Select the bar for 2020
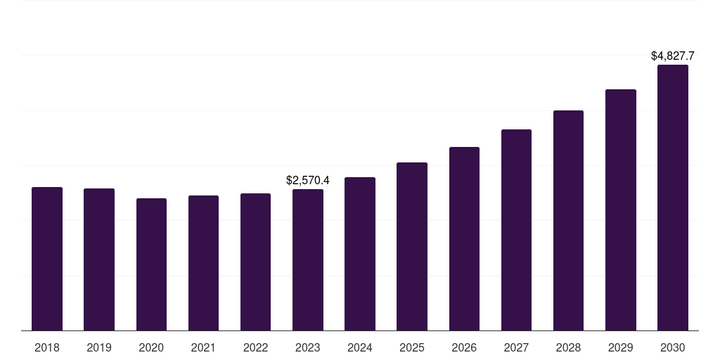151,264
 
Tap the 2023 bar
308,259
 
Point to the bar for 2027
516,230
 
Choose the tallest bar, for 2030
673,198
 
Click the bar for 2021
203,263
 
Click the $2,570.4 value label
308,181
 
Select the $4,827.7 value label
673,56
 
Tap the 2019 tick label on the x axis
99,347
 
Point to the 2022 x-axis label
256,347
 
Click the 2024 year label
360,347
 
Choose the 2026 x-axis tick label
464,347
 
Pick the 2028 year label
568,347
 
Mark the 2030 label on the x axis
673,347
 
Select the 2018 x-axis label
47,347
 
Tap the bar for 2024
360,254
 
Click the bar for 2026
464,238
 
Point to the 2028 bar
568,220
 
